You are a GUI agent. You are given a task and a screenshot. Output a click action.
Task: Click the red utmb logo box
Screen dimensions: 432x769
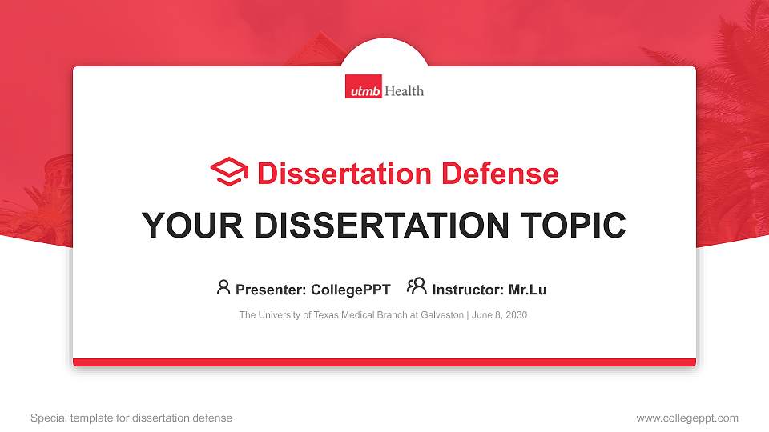pos(364,90)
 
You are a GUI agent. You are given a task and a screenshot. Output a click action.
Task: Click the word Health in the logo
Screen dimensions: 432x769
pos(404,90)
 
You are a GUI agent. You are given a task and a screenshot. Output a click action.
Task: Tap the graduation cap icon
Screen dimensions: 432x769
pos(229,173)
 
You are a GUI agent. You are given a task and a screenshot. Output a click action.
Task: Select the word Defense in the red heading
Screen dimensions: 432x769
pos(499,174)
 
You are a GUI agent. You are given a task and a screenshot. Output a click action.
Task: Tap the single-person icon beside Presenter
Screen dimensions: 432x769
pos(223,287)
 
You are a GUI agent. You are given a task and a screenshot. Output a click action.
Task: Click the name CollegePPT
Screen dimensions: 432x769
pos(350,290)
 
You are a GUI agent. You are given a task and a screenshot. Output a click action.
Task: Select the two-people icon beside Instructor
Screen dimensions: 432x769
pos(417,287)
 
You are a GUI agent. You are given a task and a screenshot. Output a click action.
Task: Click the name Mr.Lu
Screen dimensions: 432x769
pos(527,290)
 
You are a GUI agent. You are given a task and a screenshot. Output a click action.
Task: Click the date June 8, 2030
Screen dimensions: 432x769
pos(500,315)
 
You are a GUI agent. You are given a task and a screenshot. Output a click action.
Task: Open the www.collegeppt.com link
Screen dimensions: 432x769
pos(686,418)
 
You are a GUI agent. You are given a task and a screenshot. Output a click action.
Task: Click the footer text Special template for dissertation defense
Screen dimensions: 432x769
pos(131,418)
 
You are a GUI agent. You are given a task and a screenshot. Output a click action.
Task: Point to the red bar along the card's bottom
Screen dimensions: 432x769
pos(384,362)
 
